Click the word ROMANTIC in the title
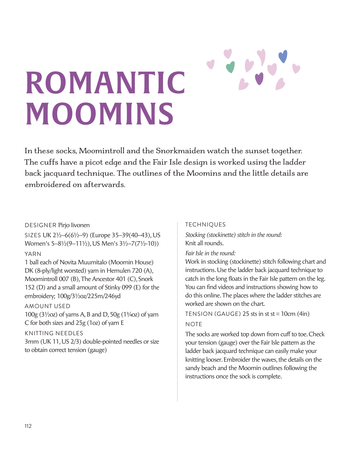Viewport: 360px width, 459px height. click(105, 83)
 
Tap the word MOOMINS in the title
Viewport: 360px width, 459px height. click(100, 114)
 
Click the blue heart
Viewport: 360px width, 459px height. click(283, 57)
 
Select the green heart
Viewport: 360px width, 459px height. click(230, 67)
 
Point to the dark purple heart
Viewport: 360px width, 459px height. click(259, 79)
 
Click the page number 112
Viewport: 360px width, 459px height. click(28, 426)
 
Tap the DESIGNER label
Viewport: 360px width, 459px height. click(40, 225)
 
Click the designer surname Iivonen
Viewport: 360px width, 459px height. click(80, 225)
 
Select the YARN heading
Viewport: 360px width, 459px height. click(33, 254)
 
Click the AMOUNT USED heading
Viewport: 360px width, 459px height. click(48, 306)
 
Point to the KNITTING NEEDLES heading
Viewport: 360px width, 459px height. click(54, 333)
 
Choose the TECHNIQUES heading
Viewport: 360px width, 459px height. click(205, 224)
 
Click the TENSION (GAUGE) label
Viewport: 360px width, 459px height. click(213, 314)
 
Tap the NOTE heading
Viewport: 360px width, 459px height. click(194, 324)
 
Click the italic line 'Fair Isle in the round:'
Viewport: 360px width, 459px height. click(210, 253)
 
